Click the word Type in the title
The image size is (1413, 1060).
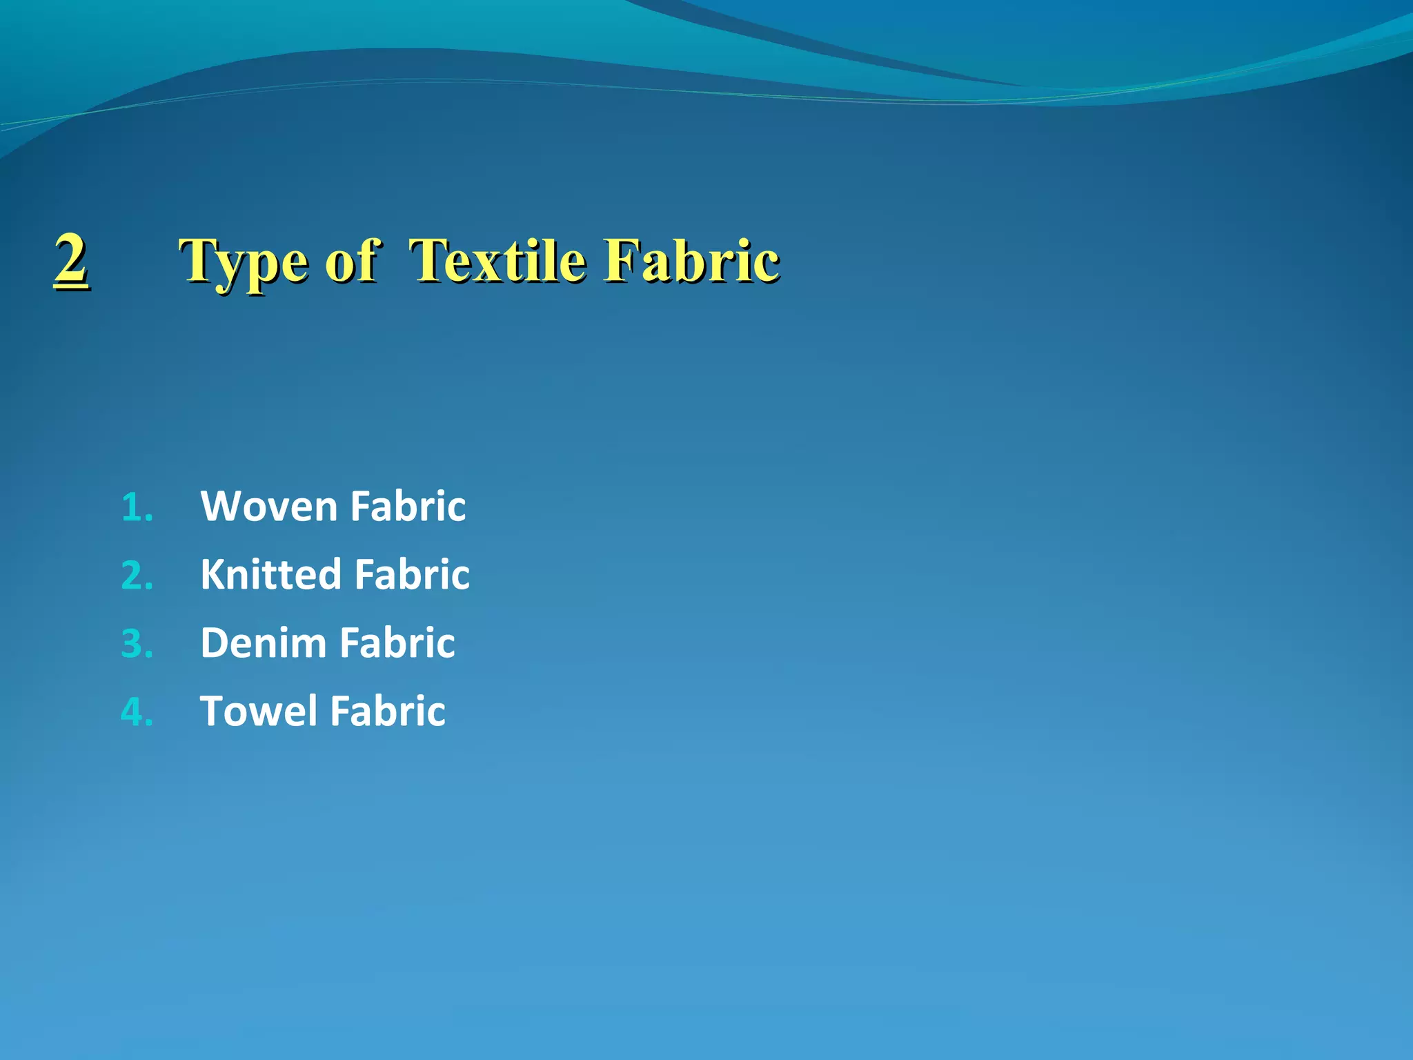[x=244, y=263]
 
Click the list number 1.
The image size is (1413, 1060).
[x=136, y=508]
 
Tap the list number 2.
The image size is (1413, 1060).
[x=136, y=576]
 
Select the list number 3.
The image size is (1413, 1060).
[x=136, y=644]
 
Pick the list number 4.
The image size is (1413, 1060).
[x=136, y=712]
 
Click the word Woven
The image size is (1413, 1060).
[x=268, y=507]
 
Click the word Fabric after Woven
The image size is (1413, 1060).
[x=408, y=507]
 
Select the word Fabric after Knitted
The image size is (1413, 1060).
[x=412, y=574]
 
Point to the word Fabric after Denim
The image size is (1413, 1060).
[x=397, y=643]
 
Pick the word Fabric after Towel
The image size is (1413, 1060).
[x=387, y=711]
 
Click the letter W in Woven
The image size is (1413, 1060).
[x=220, y=507]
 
